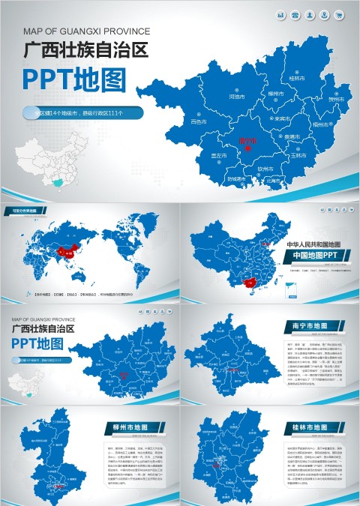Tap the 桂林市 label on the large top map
click(x=297, y=78)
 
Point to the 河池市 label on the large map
click(x=236, y=97)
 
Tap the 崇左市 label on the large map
click(x=219, y=156)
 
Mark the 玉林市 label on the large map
click(x=298, y=155)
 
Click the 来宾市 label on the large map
click(x=282, y=118)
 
